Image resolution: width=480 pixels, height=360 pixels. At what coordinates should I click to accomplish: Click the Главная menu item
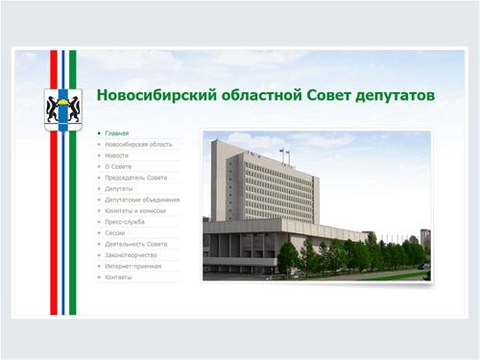pos(118,132)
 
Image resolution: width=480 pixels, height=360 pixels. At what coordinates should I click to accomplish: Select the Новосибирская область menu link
pos(139,144)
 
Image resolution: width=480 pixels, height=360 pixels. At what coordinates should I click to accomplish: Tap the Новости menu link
pos(117,155)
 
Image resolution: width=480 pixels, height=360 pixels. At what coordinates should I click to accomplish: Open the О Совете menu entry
pos(119,166)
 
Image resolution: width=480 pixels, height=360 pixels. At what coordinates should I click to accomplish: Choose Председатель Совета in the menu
pos(136,178)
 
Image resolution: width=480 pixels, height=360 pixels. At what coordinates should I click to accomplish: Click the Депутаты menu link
pos(120,188)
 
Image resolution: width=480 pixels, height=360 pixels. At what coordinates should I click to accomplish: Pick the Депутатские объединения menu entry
pos(142,200)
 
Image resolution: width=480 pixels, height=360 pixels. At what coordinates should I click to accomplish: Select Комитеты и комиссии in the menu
pos(136,210)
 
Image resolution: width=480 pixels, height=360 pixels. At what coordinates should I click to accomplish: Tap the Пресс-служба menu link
pos(125,222)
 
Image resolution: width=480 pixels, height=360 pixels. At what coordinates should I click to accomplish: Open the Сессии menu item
pos(116,232)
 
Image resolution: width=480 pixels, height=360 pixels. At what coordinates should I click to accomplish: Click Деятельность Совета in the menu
pos(136,244)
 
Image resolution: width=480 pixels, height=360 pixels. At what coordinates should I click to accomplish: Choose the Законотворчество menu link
pos(131,255)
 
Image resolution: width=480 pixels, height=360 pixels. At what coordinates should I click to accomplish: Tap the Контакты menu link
pos(118,277)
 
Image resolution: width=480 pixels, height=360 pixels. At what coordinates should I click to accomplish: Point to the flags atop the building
pos(283,152)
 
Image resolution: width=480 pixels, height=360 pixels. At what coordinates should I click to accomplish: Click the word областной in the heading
pos(250,96)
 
